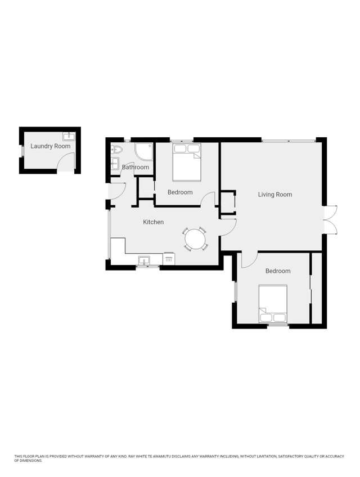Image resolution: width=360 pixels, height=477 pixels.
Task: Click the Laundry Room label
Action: point(51,146)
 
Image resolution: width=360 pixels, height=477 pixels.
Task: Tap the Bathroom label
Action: point(136,167)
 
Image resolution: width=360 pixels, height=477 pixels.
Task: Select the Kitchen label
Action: point(154,222)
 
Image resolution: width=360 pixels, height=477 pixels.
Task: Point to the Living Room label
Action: point(275,195)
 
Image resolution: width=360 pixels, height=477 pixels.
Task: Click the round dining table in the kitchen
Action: point(195,239)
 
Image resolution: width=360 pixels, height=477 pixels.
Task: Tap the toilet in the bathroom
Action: point(116,150)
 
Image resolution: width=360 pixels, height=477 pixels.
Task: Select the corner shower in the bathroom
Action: point(143,152)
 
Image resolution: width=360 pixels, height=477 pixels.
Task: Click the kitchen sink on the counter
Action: point(144,260)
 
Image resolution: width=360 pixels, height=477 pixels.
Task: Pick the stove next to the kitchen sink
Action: point(169,259)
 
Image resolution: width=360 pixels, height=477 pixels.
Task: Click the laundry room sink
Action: point(68,136)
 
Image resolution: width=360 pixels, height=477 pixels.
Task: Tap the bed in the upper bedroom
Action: point(187,162)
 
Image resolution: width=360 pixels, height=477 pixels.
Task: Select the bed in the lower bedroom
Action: point(273,304)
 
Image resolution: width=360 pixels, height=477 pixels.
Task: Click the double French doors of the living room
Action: point(331,219)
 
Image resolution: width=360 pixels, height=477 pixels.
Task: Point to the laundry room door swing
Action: point(66,161)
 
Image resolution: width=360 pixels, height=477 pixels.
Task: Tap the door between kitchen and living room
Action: point(228,227)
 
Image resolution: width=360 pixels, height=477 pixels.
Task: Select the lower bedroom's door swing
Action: point(250,260)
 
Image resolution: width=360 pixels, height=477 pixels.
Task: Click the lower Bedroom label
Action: point(278,271)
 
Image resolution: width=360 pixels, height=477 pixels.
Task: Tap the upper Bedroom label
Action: point(180,192)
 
